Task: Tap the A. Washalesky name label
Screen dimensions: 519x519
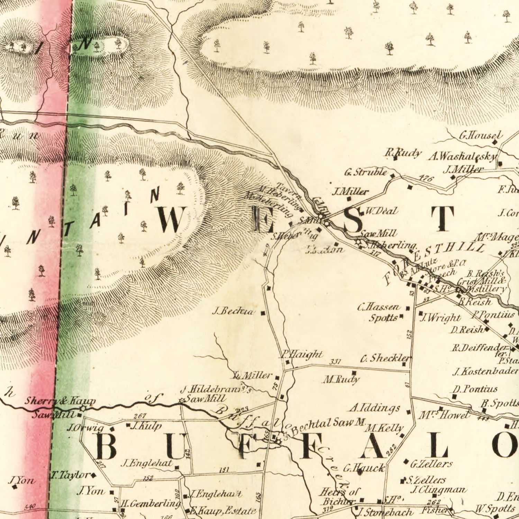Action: coord(462,157)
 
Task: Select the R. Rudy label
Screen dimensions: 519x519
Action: coord(403,153)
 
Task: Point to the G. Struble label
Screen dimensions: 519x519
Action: coord(365,172)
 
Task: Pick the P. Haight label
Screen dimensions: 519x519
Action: coord(301,354)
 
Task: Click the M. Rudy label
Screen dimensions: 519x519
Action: coord(341,380)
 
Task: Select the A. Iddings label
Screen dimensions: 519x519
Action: coord(375,408)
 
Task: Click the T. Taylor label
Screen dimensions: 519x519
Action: coord(70,475)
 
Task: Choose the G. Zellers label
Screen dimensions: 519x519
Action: coord(431,463)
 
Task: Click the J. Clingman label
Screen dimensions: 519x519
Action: coord(438,490)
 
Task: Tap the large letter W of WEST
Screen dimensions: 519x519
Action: coord(170,220)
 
